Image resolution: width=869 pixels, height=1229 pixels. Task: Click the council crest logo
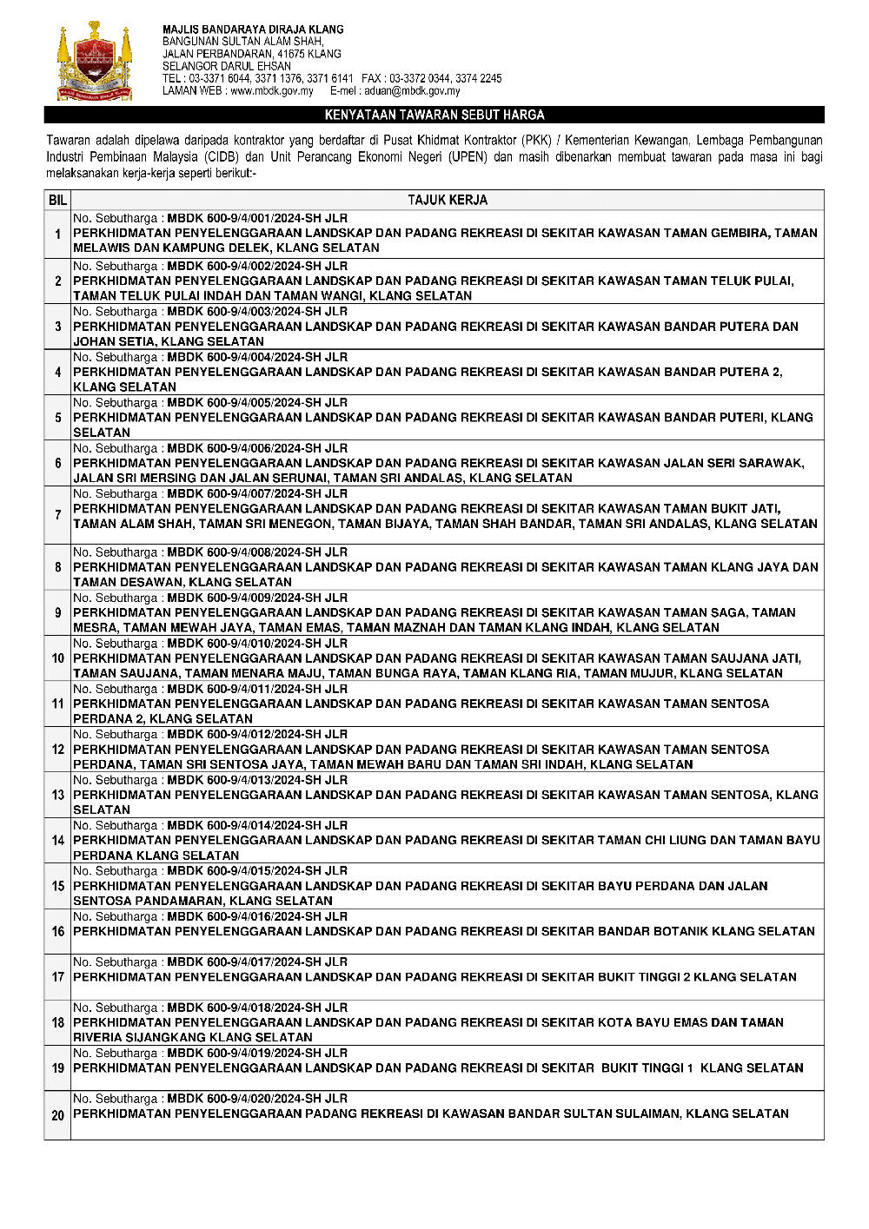pyautogui.click(x=95, y=63)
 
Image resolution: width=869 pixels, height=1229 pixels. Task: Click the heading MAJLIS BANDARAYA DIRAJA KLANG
pyautogui.click(x=253, y=30)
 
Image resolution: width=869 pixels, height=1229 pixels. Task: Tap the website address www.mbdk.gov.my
pyautogui.click(x=271, y=90)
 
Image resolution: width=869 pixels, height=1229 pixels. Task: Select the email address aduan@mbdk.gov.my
pyautogui.click(x=412, y=90)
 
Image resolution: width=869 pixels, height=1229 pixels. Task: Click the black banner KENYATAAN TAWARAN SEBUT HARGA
pyautogui.click(x=434, y=115)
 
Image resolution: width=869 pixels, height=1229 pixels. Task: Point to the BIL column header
pyautogui.click(x=57, y=200)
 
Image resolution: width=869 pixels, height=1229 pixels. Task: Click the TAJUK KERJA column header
pyautogui.click(x=448, y=200)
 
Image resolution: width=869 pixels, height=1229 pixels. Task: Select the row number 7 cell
pyautogui.click(x=57, y=515)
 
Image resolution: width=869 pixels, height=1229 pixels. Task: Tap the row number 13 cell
pyautogui.click(x=57, y=795)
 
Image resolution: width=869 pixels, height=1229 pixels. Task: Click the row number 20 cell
pyautogui.click(x=57, y=1115)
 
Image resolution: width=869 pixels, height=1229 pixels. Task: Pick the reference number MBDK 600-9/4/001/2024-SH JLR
pyautogui.click(x=257, y=219)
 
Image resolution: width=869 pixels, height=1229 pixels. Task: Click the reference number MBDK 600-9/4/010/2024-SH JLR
pyautogui.click(x=257, y=644)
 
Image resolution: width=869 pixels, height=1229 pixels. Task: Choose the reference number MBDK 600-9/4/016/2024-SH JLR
pyautogui.click(x=257, y=916)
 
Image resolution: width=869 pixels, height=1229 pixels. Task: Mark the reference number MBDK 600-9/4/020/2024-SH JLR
pyautogui.click(x=257, y=1099)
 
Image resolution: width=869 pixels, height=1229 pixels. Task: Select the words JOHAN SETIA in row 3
pyautogui.click(x=110, y=341)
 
